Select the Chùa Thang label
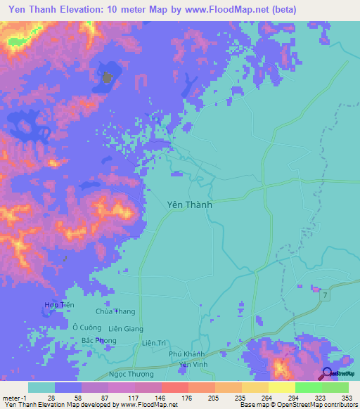pos(115,312)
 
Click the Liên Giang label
pos(126,329)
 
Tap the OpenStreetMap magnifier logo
pos(327,373)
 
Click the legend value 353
pos(335,398)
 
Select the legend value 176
pos(174,398)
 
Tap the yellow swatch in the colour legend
pos(281,388)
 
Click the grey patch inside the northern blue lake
pos(107,77)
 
